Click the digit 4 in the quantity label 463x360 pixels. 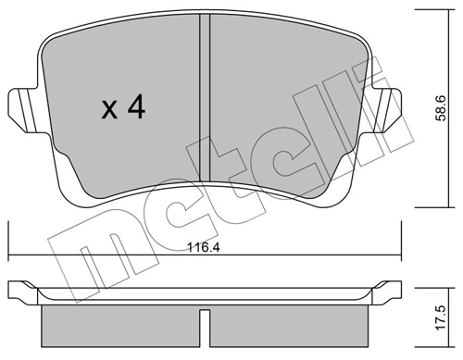136,108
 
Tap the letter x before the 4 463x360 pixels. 108,110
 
